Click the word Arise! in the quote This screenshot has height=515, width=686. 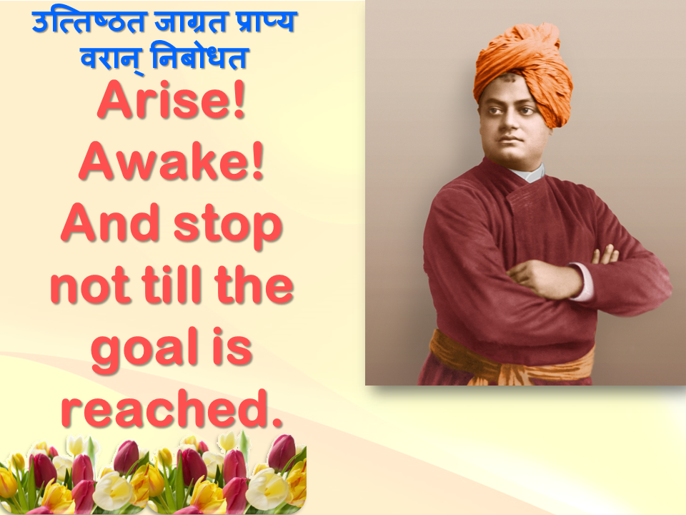(x=171, y=100)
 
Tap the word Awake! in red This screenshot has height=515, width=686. (x=171, y=161)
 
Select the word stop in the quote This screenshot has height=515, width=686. (x=227, y=226)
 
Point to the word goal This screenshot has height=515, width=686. (x=145, y=350)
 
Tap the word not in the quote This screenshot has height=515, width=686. (x=91, y=288)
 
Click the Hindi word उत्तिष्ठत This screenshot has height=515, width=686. (x=88, y=22)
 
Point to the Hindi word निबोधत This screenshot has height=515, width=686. (x=199, y=57)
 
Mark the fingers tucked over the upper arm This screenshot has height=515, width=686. (x=605, y=254)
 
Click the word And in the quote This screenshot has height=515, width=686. (x=110, y=222)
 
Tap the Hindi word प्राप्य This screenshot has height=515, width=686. (x=267, y=22)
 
